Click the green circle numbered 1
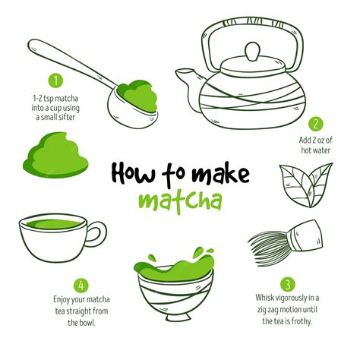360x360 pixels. click(x=55, y=79)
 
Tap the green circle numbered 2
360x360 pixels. click(x=316, y=124)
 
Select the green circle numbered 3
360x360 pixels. click(x=286, y=284)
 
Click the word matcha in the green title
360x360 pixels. click(x=180, y=202)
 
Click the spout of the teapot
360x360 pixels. click(x=187, y=77)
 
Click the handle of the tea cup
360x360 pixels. click(x=98, y=234)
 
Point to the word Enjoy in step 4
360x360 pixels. click(x=63, y=299)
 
